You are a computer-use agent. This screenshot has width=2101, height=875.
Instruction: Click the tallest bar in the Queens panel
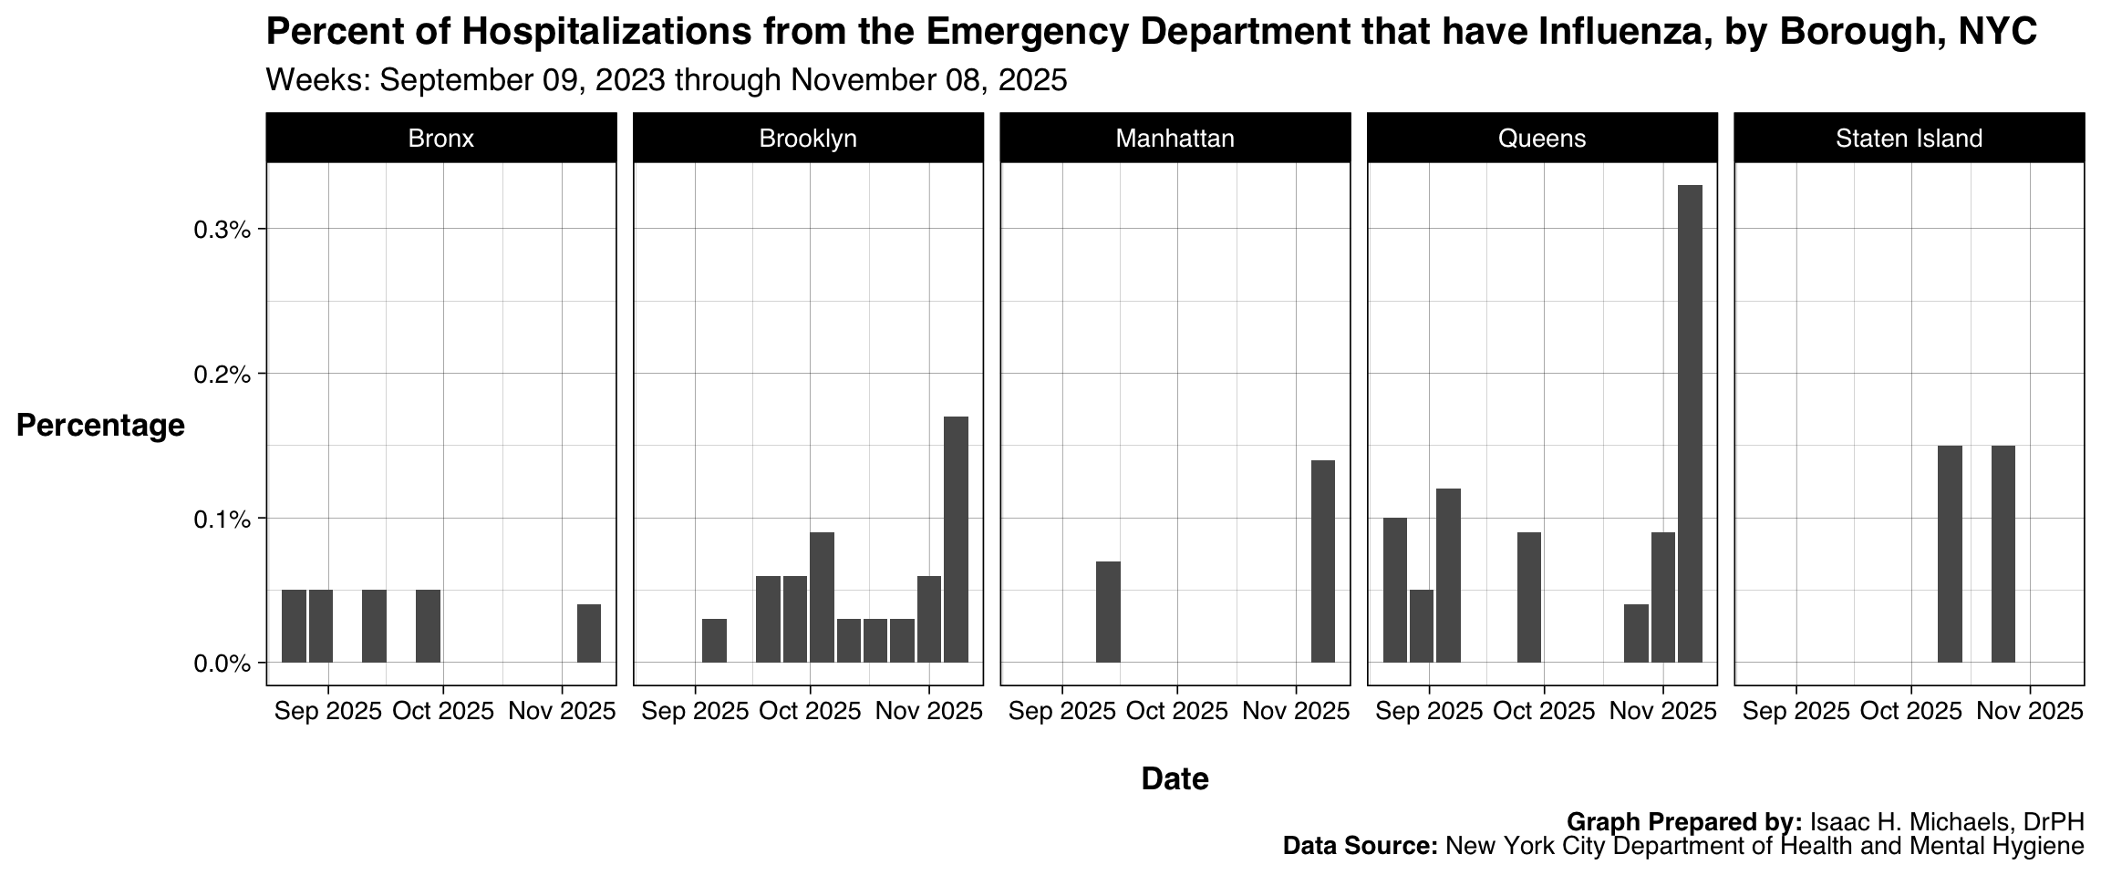point(1690,424)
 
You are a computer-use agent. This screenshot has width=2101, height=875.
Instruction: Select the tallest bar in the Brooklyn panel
point(956,540)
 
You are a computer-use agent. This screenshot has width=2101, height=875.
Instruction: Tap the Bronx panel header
point(441,139)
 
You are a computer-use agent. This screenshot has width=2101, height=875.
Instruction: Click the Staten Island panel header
point(1909,139)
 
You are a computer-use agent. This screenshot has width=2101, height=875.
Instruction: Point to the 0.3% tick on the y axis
point(222,230)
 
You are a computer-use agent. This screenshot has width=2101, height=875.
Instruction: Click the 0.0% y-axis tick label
point(222,664)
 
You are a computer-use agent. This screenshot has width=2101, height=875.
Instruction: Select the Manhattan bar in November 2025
point(1322,561)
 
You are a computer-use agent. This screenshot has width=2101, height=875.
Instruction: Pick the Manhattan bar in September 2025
point(1108,612)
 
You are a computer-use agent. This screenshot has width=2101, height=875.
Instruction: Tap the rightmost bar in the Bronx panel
point(589,633)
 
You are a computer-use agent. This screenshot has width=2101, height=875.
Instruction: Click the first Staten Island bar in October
point(1950,554)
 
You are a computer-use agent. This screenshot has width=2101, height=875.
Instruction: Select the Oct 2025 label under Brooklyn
point(810,712)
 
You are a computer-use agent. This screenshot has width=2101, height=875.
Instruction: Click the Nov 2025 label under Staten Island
point(2030,712)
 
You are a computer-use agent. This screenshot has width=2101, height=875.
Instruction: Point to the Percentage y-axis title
point(100,426)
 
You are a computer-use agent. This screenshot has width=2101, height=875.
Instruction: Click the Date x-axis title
point(1175,779)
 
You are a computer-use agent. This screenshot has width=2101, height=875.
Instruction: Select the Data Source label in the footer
point(1360,847)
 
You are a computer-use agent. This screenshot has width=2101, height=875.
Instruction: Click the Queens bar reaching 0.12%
point(1448,575)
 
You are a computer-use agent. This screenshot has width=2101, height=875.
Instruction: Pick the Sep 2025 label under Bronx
point(328,712)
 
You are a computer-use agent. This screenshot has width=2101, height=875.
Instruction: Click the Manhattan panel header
point(1175,139)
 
